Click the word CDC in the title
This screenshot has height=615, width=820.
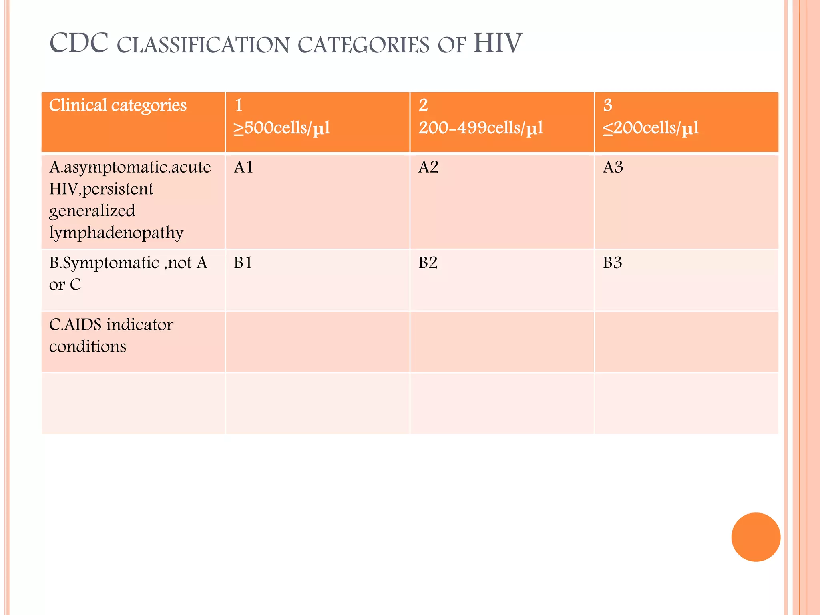coord(79,43)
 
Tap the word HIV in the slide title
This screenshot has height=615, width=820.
coord(498,43)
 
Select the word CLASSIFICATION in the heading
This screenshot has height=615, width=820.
coord(203,45)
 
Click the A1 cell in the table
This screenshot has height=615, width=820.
coord(243,167)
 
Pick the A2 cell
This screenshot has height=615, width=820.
coord(428,167)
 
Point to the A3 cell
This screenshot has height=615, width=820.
coord(613,167)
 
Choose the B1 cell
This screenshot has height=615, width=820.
coord(243,263)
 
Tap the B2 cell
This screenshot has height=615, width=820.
coord(428,263)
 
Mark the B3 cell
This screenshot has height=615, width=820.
coord(613,263)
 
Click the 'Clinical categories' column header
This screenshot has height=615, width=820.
coord(118,105)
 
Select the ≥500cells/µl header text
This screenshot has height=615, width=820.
coord(282,128)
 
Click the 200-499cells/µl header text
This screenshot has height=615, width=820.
coord(481,128)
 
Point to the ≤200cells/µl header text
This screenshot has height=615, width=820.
coord(651,128)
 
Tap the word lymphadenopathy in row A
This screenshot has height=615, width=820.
coord(116,233)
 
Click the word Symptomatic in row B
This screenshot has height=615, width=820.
coord(111,263)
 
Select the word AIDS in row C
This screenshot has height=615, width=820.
coord(83,325)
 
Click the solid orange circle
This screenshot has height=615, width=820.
coord(756,537)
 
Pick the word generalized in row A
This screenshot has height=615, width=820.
coord(92,211)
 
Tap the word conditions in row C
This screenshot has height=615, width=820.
coord(88,346)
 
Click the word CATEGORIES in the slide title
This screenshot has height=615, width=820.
coord(364,45)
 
